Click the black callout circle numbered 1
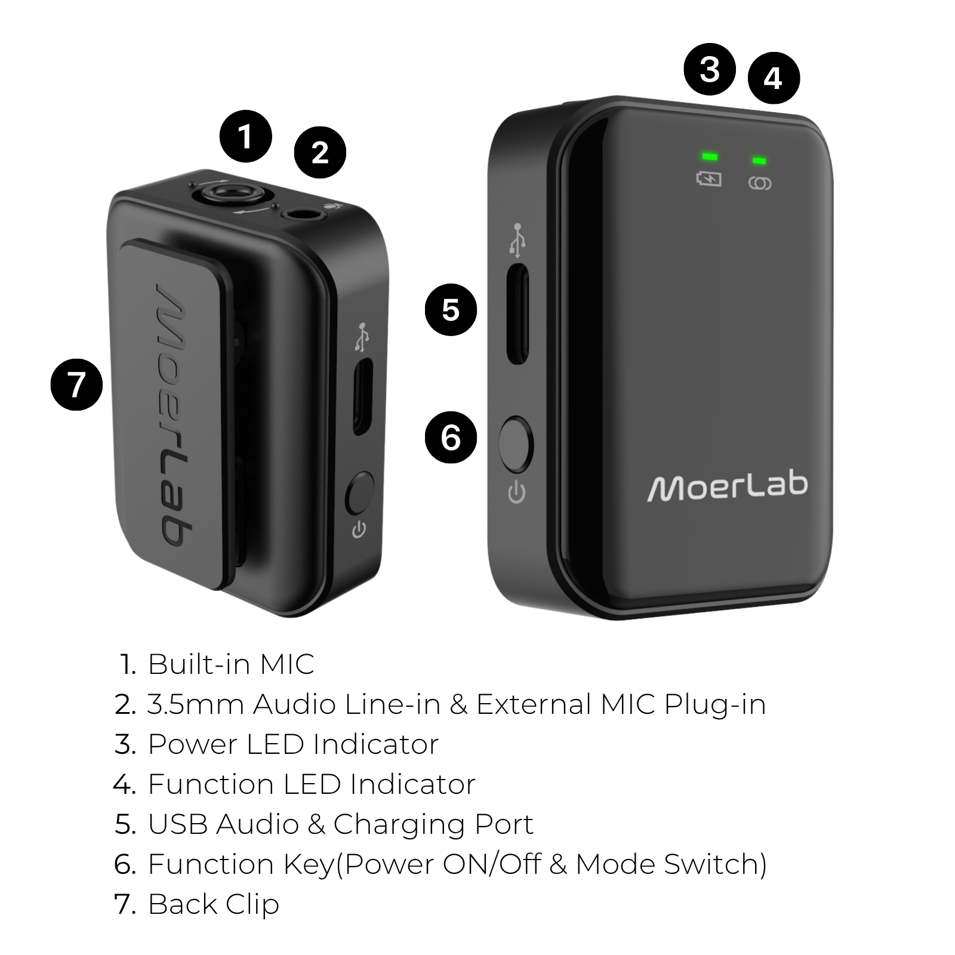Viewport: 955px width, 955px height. [245, 136]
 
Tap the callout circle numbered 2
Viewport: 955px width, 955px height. [320, 152]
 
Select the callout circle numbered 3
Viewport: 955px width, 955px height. [710, 69]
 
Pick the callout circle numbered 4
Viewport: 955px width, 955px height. [773, 78]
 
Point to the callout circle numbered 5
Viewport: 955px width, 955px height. [451, 309]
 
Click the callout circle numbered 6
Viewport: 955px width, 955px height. [451, 438]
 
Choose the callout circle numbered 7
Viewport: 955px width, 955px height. [76, 384]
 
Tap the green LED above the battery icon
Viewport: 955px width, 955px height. [710, 157]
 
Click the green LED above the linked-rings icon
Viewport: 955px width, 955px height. [759, 161]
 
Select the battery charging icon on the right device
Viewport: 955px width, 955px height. [709, 178]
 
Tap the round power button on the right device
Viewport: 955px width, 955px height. [515, 445]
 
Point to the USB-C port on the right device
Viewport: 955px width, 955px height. [517, 313]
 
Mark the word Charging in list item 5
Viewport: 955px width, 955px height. [399, 825]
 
